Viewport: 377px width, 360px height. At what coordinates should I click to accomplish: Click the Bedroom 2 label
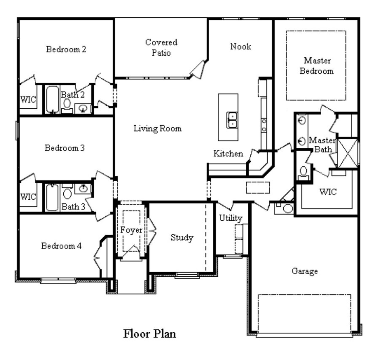pyautogui.click(x=66, y=49)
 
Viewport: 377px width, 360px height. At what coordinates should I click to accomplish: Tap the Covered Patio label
pyautogui.click(x=161, y=47)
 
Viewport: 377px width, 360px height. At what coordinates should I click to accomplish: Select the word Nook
pyautogui.click(x=241, y=47)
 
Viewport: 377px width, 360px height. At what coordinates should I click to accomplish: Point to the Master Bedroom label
pyautogui.click(x=317, y=66)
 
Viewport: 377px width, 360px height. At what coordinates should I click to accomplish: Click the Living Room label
pyautogui.click(x=158, y=129)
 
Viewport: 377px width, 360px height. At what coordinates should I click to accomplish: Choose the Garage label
pyautogui.click(x=305, y=271)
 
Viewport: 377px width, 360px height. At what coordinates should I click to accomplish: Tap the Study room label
pyautogui.click(x=182, y=238)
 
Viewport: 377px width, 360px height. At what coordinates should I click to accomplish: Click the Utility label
pyautogui.click(x=231, y=218)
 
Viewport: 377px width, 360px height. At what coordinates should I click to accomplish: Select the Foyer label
pyautogui.click(x=131, y=230)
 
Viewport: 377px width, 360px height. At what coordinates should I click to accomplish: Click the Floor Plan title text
pyautogui.click(x=150, y=334)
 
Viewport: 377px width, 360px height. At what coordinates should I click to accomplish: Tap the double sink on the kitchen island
pyautogui.click(x=232, y=120)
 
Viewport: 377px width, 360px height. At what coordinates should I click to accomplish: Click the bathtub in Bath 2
pyautogui.click(x=52, y=99)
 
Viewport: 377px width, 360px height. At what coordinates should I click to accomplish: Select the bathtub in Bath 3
pyautogui.click(x=52, y=197)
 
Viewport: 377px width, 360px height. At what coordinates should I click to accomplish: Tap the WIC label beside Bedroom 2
pyautogui.click(x=28, y=99)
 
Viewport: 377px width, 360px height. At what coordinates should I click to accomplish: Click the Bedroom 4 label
pyautogui.click(x=61, y=246)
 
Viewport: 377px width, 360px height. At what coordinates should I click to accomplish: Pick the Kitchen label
pyautogui.click(x=228, y=153)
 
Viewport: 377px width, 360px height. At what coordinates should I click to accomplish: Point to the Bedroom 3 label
pyautogui.click(x=65, y=148)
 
